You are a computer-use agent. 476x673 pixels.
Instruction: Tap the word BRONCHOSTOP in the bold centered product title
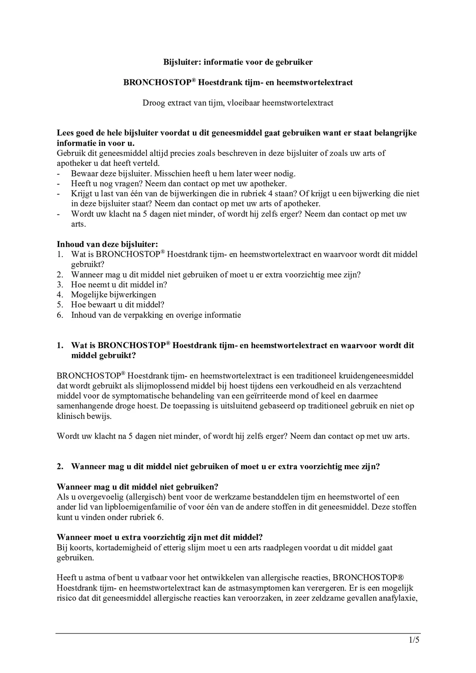click(x=157, y=83)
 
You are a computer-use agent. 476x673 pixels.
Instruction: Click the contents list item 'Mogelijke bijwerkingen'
click(x=113, y=295)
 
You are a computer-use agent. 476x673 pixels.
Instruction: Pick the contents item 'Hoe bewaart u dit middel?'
click(x=117, y=305)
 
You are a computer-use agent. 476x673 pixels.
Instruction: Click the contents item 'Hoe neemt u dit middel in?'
click(x=119, y=285)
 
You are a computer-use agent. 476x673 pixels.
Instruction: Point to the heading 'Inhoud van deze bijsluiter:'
click(x=107, y=244)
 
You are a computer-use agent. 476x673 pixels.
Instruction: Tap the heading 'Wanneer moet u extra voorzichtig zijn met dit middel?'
click(x=159, y=537)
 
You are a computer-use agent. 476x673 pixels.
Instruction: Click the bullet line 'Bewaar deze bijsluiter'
click(x=183, y=174)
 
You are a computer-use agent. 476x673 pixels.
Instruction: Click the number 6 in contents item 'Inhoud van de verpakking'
click(x=60, y=315)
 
